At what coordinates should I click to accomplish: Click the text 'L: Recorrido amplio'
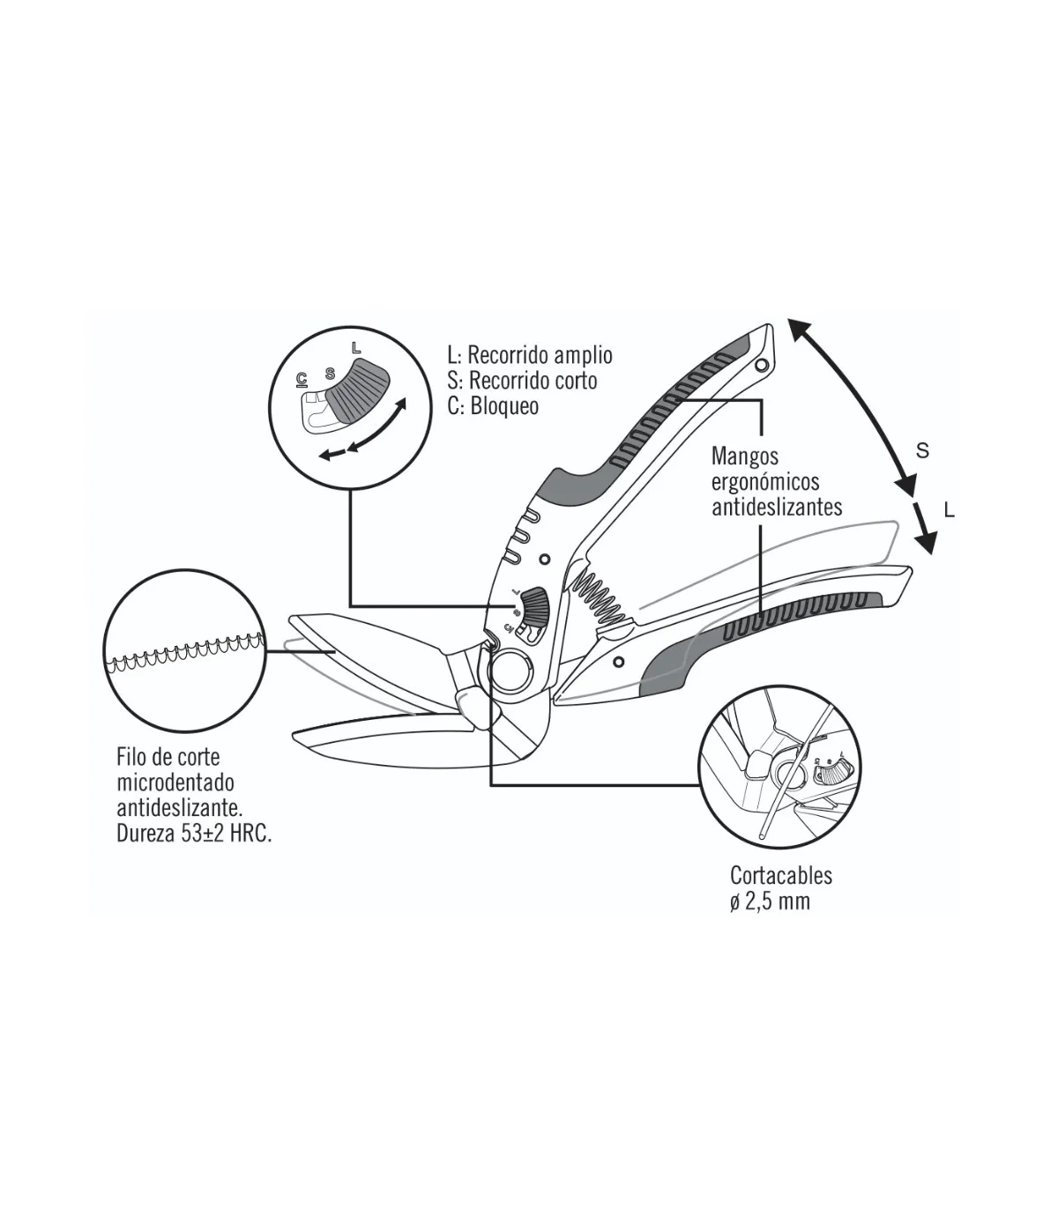click(530, 356)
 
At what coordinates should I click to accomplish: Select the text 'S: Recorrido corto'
click(522, 382)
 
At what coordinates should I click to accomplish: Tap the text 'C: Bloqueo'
click(493, 406)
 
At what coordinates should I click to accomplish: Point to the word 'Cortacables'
click(781, 876)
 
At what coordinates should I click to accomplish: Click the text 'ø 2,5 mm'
click(770, 902)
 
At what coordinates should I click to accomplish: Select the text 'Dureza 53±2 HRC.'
click(194, 834)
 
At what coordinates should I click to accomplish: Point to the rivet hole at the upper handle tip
click(763, 367)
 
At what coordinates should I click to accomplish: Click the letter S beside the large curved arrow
click(922, 451)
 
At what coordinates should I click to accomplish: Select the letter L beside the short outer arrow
click(950, 510)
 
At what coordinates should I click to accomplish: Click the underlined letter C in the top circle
click(302, 380)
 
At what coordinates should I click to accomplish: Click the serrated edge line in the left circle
click(186, 653)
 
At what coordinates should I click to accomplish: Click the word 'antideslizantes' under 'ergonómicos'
click(777, 508)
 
